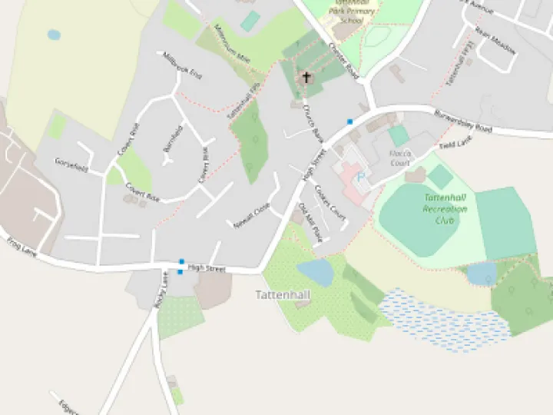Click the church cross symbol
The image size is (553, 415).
306,77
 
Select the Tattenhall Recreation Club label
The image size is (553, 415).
445,209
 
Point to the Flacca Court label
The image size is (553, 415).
400,158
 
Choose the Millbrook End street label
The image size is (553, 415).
182,66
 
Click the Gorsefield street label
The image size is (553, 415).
72,164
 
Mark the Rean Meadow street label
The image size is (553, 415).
495,41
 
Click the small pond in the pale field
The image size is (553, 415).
53,35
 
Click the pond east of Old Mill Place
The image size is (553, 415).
315,272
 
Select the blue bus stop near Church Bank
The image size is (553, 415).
349,121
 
